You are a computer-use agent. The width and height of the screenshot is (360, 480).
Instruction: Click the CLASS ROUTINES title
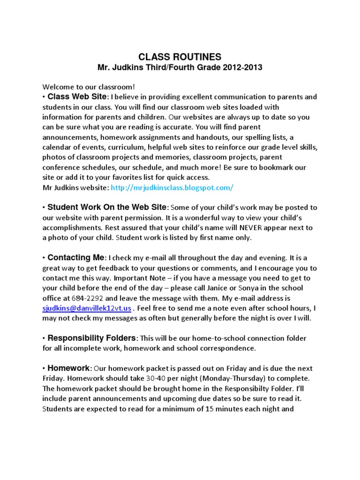[x=180, y=57]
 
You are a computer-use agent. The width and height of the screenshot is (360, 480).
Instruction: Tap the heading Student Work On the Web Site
[x=107, y=207]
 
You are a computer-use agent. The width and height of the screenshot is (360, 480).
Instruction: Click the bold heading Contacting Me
[x=77, y=258]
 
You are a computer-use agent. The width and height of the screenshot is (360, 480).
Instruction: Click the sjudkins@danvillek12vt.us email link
[x=87, y=308]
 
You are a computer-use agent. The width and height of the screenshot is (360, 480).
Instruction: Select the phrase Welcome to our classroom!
[x=82, y=87]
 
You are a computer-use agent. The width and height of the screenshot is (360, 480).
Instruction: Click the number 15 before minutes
[x=210, y=409]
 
